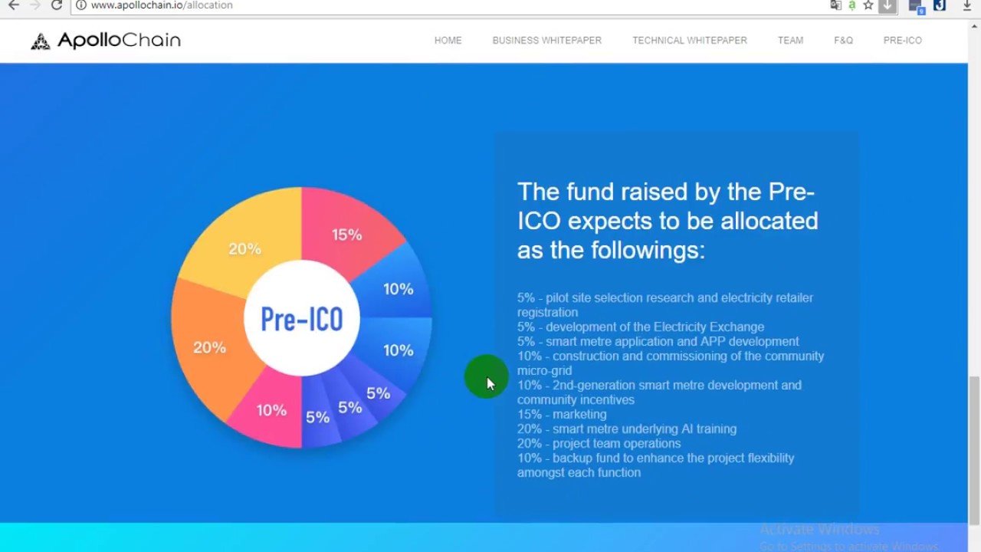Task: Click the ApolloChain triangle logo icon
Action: click(x=41, y=41)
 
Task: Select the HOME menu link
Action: click(x=448, y=41)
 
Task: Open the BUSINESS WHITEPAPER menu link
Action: click(x=547, y=41)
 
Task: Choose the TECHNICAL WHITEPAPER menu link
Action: click(x=690, y=41)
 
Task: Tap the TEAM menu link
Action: click(x=790, y=41)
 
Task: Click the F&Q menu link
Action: click(x=844, y=41)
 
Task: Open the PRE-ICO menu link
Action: click(x=903, y=41)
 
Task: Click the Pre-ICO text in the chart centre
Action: click(x=302, y=319)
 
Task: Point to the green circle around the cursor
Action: click(x=486, y=376)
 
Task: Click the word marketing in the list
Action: click(x=579, y=415)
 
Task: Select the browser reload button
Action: click(x=57, y=5)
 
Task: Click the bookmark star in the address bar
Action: click(x=868, y=5)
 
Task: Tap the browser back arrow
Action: click(x=14, y=5)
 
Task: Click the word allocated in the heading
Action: click(x=769, y=221)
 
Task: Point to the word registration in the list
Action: click(x=547, y=312)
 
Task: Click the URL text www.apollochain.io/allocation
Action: click(x=162, y=5)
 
